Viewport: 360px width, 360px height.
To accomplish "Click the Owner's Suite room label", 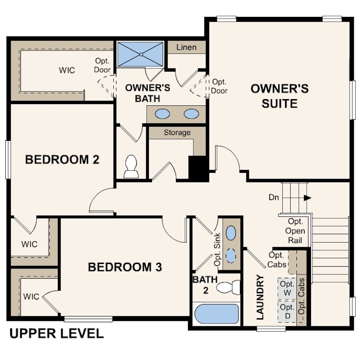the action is tap(280, 96).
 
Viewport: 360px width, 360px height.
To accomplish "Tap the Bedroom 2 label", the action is tap(62, 160).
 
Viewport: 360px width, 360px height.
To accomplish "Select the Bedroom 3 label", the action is tap(125, 267).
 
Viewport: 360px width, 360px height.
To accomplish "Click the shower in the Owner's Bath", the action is tap(140, 54).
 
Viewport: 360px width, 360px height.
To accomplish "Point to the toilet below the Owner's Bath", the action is tap(131, 167).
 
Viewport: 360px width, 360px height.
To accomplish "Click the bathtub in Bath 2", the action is tap(216, 314).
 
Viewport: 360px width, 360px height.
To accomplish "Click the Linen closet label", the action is tap(186, 47).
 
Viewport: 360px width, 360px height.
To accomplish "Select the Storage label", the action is tap(177, 132).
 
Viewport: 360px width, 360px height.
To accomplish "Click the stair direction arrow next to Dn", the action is tap(308, 198).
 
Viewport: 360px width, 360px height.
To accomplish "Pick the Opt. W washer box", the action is tap(287, 288).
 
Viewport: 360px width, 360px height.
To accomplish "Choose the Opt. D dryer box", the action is tap(287, 311).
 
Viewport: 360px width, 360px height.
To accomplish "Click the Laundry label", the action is tap(260, 297).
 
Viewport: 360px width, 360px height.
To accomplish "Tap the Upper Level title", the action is tap(56, 333).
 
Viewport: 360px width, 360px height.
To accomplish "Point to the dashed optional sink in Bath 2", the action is tap(231, 256).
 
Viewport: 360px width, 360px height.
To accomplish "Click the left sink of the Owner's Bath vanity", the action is tap(162, 114).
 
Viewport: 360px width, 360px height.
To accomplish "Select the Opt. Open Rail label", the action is tap(295, 231).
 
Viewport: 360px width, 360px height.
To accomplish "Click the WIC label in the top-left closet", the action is tap(67, 70).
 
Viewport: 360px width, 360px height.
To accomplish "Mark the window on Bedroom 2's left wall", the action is tap(8, 160).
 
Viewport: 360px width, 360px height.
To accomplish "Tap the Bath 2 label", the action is tap(205, 285).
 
